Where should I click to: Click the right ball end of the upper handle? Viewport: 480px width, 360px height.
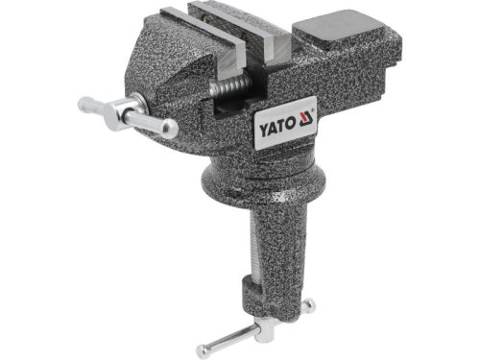tap(171, 129)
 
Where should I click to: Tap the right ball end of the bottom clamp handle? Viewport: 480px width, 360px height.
tap(308, 308)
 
